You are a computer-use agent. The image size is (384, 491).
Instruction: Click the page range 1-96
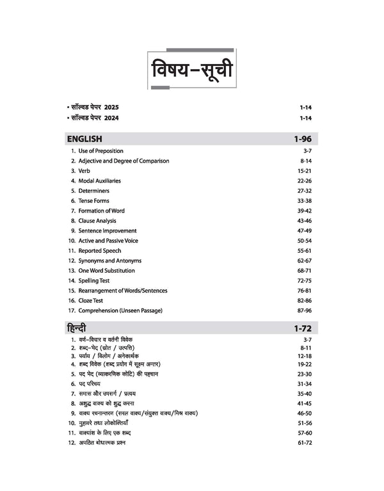click(x=302, y=139)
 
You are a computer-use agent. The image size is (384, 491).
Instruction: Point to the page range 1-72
click(x=302, y=328)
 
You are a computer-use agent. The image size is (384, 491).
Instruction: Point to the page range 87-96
click(x=303, y=310)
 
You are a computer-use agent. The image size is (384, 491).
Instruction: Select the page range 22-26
click(x=303, y=181)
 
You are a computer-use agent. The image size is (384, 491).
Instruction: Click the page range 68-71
click(x=303, y=271)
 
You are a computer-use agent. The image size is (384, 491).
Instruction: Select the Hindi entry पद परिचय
click(x=96, y=383)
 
